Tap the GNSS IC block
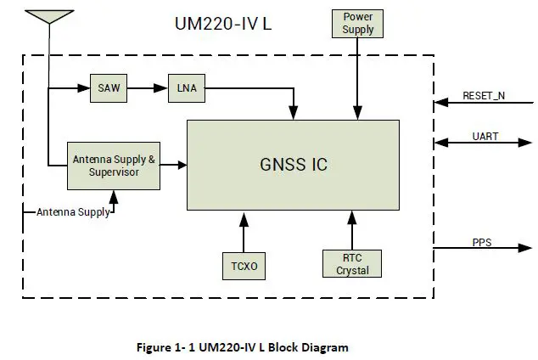point(293,165)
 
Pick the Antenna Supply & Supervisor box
point(114,166)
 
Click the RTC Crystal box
point(351,264)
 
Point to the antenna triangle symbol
point(49,17)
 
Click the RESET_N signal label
point(484,95)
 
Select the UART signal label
point(484,136)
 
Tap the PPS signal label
point(482,244)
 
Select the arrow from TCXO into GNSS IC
point(244,230)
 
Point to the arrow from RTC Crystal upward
point(351,229)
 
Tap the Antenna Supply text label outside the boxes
point(72,212)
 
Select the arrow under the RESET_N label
point(484,104)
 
